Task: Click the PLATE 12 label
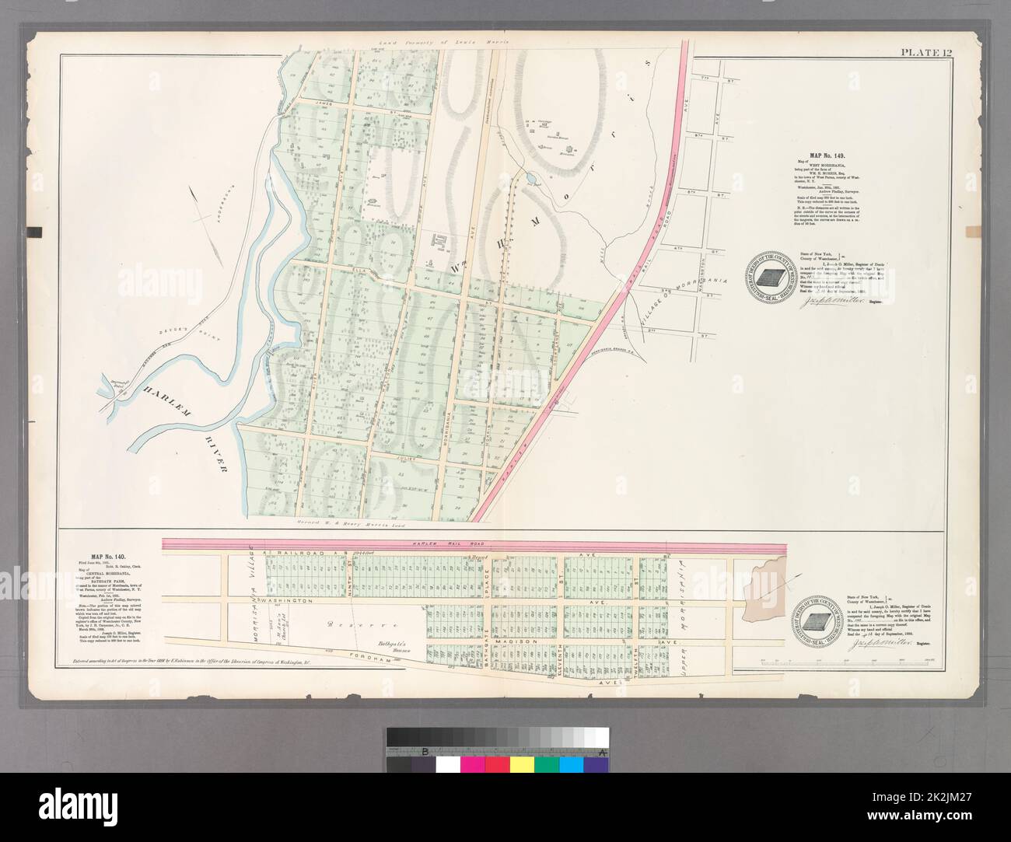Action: [926, 53]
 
